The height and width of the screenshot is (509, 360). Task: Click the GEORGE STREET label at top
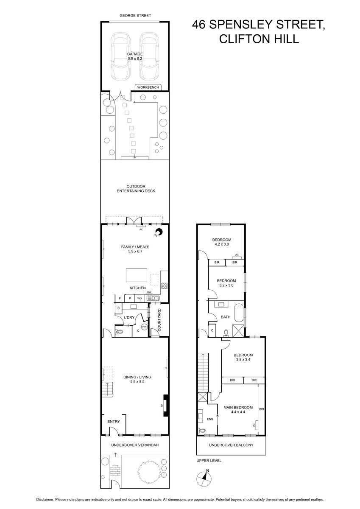click(x=135, y=16)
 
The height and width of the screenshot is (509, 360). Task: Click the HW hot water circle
click(x=144, y=327)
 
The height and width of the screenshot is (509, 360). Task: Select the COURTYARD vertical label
click(x=159, y=320)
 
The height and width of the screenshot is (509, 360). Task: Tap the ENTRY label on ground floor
click(x=114, y=422)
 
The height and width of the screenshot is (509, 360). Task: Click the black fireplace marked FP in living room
click(x=166, y=405)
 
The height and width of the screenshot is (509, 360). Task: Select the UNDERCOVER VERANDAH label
click(x=135, y=445)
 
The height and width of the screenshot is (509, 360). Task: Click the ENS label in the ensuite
click(x=209, y=419)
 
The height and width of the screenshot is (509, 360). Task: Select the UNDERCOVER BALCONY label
click(x=231, y=445)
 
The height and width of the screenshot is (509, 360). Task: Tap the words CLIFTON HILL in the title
click(x=259, y=39)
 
